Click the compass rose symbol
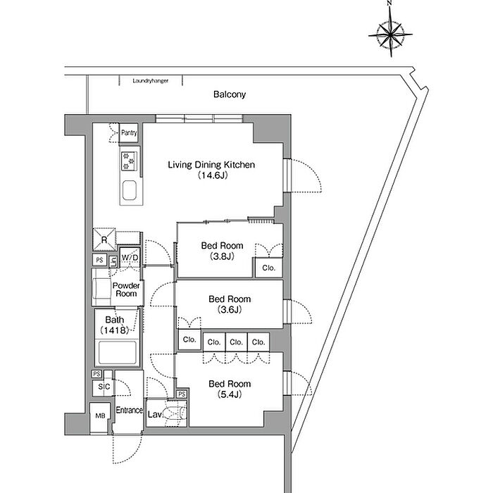390,33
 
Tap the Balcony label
230,94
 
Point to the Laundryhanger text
150,81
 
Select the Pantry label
129,132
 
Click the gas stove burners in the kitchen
129,161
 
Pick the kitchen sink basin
129,190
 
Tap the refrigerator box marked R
104,239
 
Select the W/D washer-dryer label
130,258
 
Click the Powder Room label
126,289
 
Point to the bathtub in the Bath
117,352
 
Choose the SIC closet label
104,387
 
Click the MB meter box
100,416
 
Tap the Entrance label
129,410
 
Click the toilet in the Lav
176,413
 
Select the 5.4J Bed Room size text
230,394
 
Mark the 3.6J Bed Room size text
230,310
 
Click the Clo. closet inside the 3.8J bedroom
268,268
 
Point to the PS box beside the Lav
182,394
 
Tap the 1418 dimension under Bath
114,330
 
